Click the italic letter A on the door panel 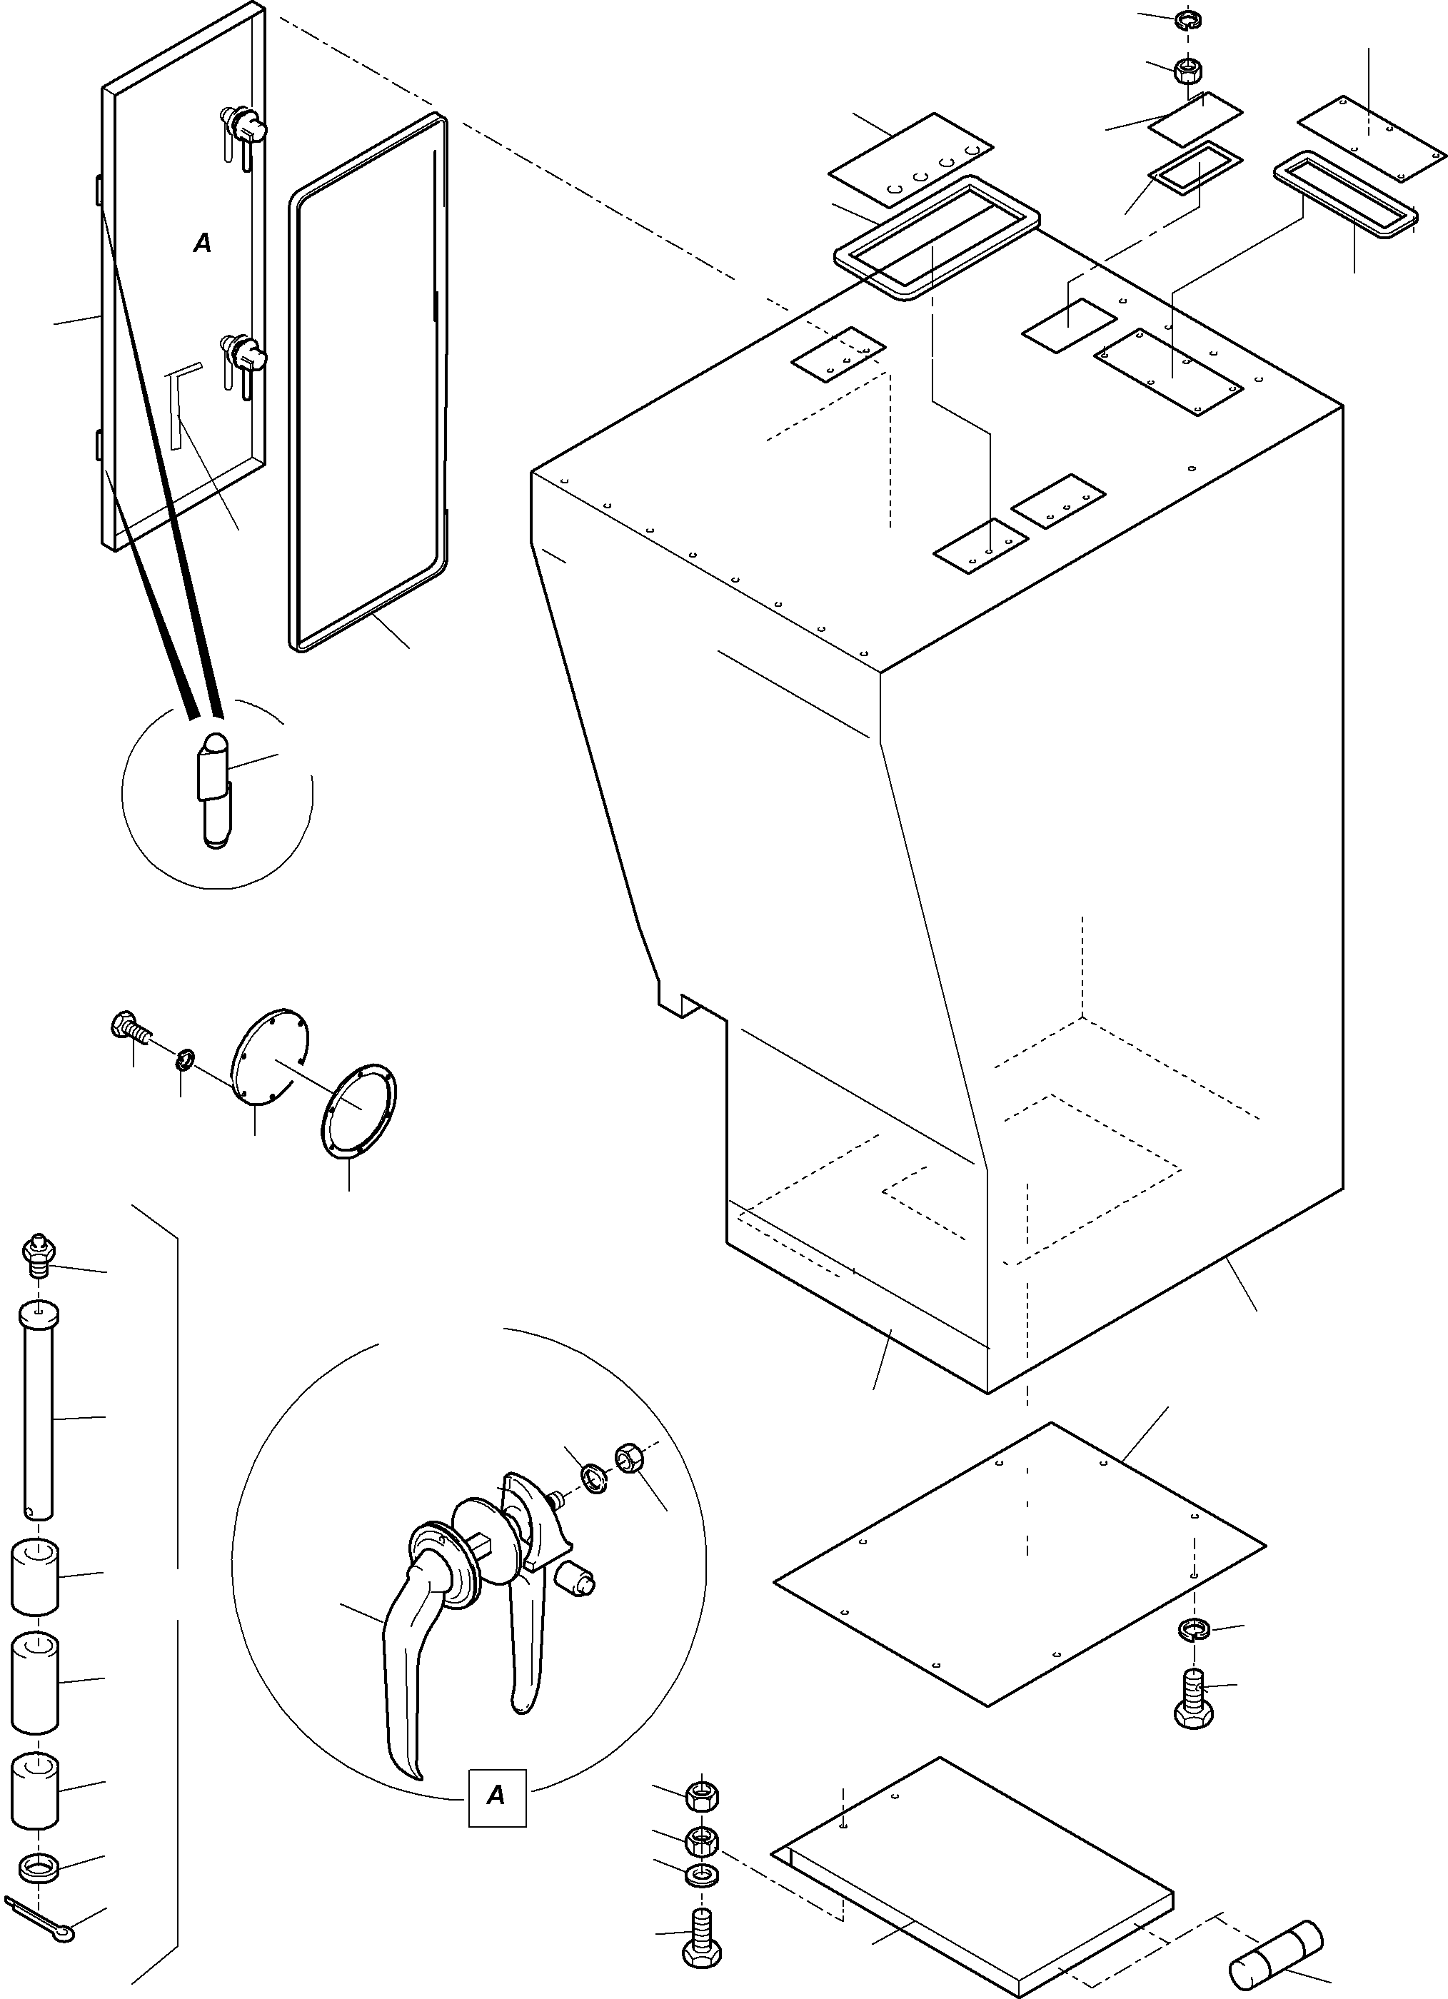point(203,243)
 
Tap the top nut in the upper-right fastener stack point(1189,20)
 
